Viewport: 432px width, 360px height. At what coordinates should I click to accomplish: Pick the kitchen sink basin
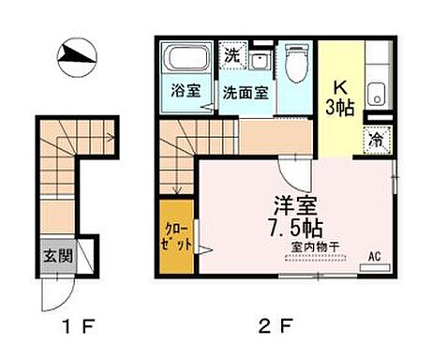point(376,93)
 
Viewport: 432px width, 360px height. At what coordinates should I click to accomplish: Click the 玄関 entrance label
point(55,254)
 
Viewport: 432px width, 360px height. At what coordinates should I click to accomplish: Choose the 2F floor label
point(276,327)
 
